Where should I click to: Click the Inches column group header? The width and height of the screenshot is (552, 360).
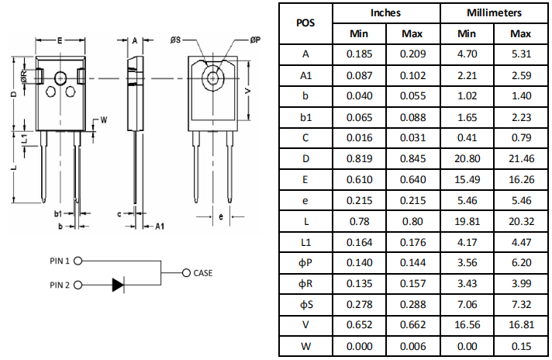pyautogui.click(x=385, y=13)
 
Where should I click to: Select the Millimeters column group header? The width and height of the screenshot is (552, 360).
pyautogui.click(x=493, y=13)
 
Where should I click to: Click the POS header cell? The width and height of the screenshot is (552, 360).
pyautogui.click(x=305, y=23)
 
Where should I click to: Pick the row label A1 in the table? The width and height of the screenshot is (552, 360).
pyautogui.click(x=305, y=75)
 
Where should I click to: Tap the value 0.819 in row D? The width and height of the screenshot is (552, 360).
pyautogui.click(x=359, y=158)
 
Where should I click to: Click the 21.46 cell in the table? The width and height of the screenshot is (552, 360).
pyautogui.click(x=520, y=158)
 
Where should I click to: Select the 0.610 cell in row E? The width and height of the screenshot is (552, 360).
pyautogui.click(x=359, y=179)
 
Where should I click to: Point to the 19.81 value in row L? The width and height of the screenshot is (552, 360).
pyautogui.click(x=467, y=221)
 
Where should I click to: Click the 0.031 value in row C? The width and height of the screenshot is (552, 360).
pyautogui.click(x=412, y=137)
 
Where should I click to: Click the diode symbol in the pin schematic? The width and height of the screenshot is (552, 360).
pyautogui.click(x=118, y=285)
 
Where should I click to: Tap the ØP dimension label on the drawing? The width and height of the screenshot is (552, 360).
pyautogui.click(x=255, y=40)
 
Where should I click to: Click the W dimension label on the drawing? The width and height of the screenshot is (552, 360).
pyautogui.click(x=102, y=119)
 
